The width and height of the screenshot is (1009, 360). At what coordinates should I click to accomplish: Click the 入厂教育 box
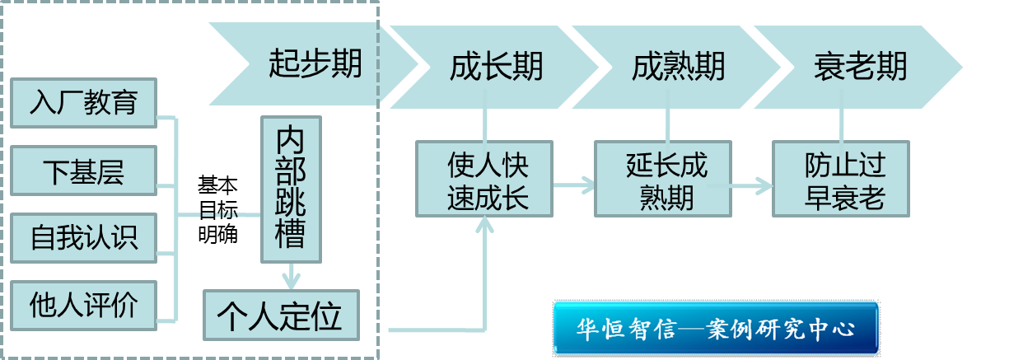(83, 103)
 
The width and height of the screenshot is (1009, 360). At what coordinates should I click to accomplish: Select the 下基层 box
(83, 171)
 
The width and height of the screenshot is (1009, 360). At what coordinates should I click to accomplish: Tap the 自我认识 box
(83, 238)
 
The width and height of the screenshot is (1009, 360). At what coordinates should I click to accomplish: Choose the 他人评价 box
(83, 305)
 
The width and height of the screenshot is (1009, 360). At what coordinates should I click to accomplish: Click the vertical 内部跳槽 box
(291, 189)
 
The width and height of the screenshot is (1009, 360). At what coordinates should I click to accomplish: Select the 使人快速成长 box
(485, 180)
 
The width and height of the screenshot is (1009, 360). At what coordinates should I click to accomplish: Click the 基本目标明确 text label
(217, 209)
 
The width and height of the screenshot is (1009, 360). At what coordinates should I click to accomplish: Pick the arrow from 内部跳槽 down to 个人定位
(290, 276)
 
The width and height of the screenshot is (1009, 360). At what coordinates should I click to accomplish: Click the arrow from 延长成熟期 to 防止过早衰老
(752, 185)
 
